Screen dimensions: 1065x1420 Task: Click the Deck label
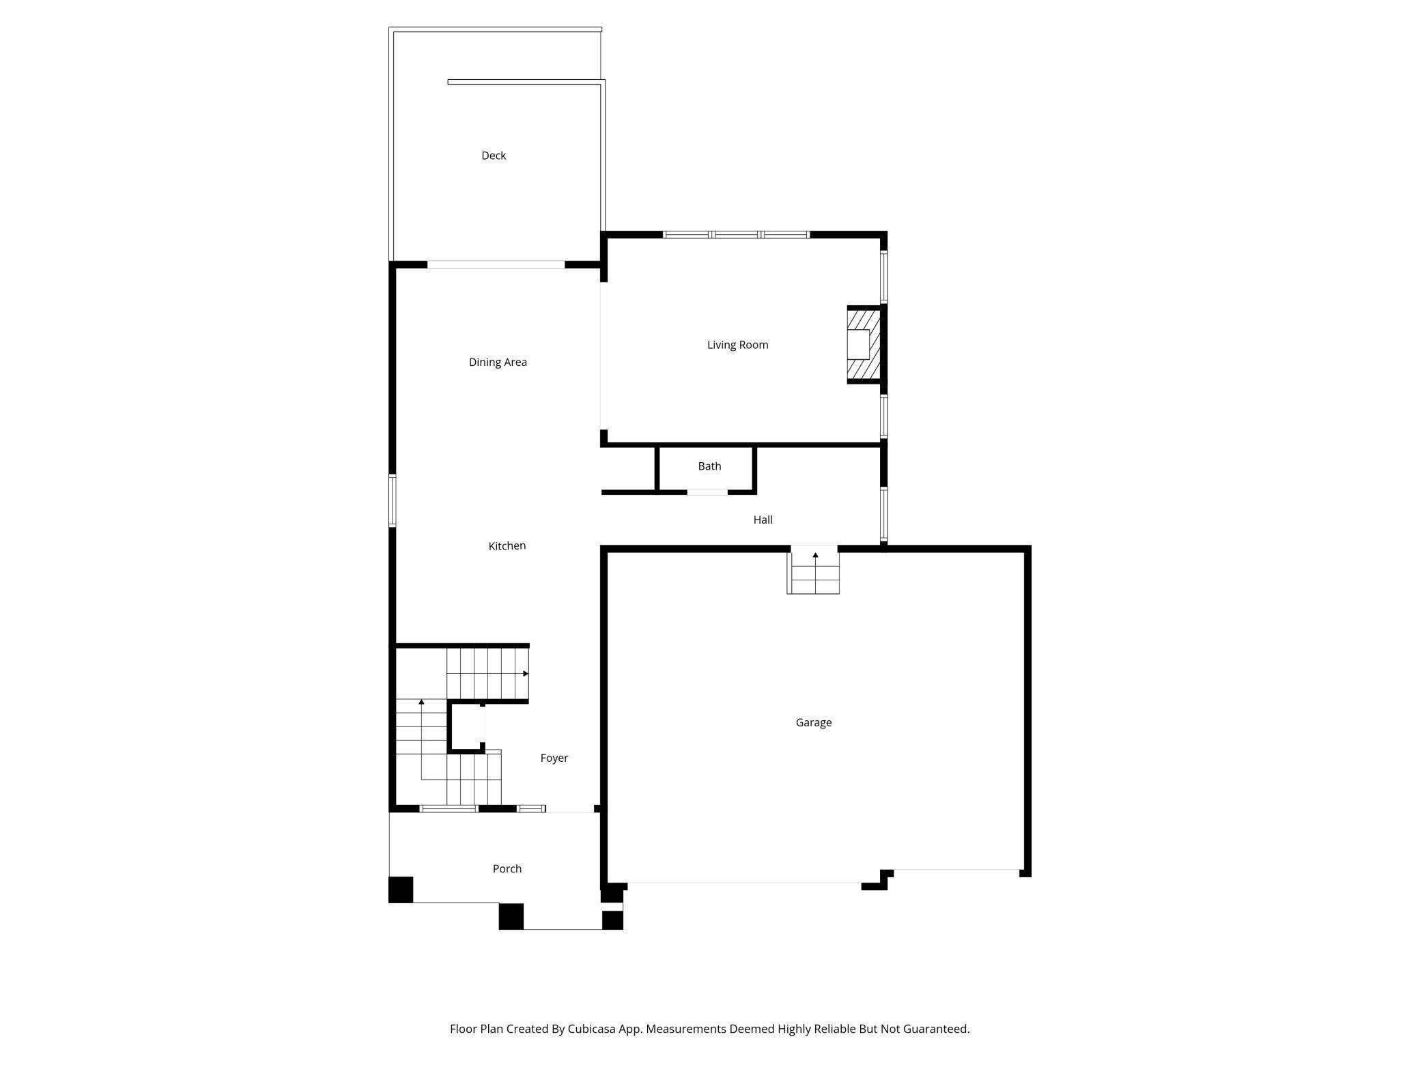(x=493, y=156)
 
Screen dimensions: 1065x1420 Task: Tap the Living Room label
(x=737, y=345)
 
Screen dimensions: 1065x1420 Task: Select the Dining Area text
(x=498, y=362)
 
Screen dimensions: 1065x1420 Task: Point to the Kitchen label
(x=507, y=545)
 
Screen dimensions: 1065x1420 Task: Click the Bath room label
(x=709, y=466)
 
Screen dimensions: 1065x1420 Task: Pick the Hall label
(x=763, y=520)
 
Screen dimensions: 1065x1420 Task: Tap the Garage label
(x=813, y=722)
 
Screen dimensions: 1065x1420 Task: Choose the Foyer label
(x=554, y=758)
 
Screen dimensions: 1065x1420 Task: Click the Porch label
(x=507, y=868)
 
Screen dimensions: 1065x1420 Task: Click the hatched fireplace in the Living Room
(x=863, y=345)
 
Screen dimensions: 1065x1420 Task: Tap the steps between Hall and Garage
(x=814, y=573)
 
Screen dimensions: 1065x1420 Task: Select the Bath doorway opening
(x=707, y=492)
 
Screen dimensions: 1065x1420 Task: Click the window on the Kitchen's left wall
(x=393, y=500)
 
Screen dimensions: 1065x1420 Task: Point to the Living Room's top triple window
(x=736, y=235)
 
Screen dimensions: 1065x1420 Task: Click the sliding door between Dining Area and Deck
(x=496, y=265)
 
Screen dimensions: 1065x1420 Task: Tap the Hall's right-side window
(x=883, y=513)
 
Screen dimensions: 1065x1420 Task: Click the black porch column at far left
(x=401, y=890)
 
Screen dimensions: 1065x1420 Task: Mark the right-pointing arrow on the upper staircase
(x=526, y=674)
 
